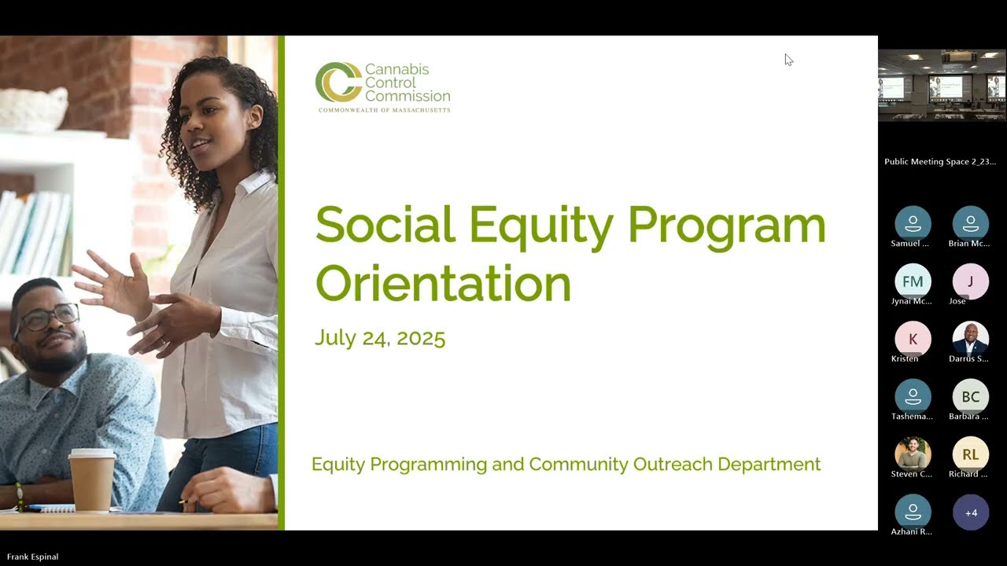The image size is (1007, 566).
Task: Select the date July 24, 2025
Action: (x=380, y=338)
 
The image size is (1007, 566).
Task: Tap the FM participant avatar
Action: (x=913, y=281)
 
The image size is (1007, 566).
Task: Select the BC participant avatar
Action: (x=971, y=397)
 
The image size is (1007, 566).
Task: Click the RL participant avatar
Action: (x=971, y=454)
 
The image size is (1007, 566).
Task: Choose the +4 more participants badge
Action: (x=971, y=513)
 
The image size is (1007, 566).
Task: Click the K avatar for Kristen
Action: (x=913, y=339)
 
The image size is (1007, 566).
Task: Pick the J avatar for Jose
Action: (x=971, y=281)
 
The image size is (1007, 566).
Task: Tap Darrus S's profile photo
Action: (x=971, y=339)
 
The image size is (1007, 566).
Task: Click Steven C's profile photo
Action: (x=913, y=454)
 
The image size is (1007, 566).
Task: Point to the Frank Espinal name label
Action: (x=32, y=557)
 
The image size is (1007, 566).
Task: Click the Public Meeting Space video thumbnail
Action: (x=942, y=86)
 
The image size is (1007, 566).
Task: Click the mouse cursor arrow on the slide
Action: (x=788, y=60)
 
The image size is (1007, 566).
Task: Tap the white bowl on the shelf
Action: (x=33, y=108)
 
